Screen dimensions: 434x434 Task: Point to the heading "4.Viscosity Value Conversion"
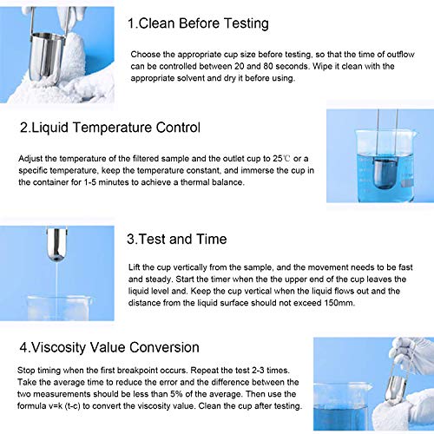pos(113,346)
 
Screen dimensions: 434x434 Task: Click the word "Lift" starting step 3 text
pos(136,265)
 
